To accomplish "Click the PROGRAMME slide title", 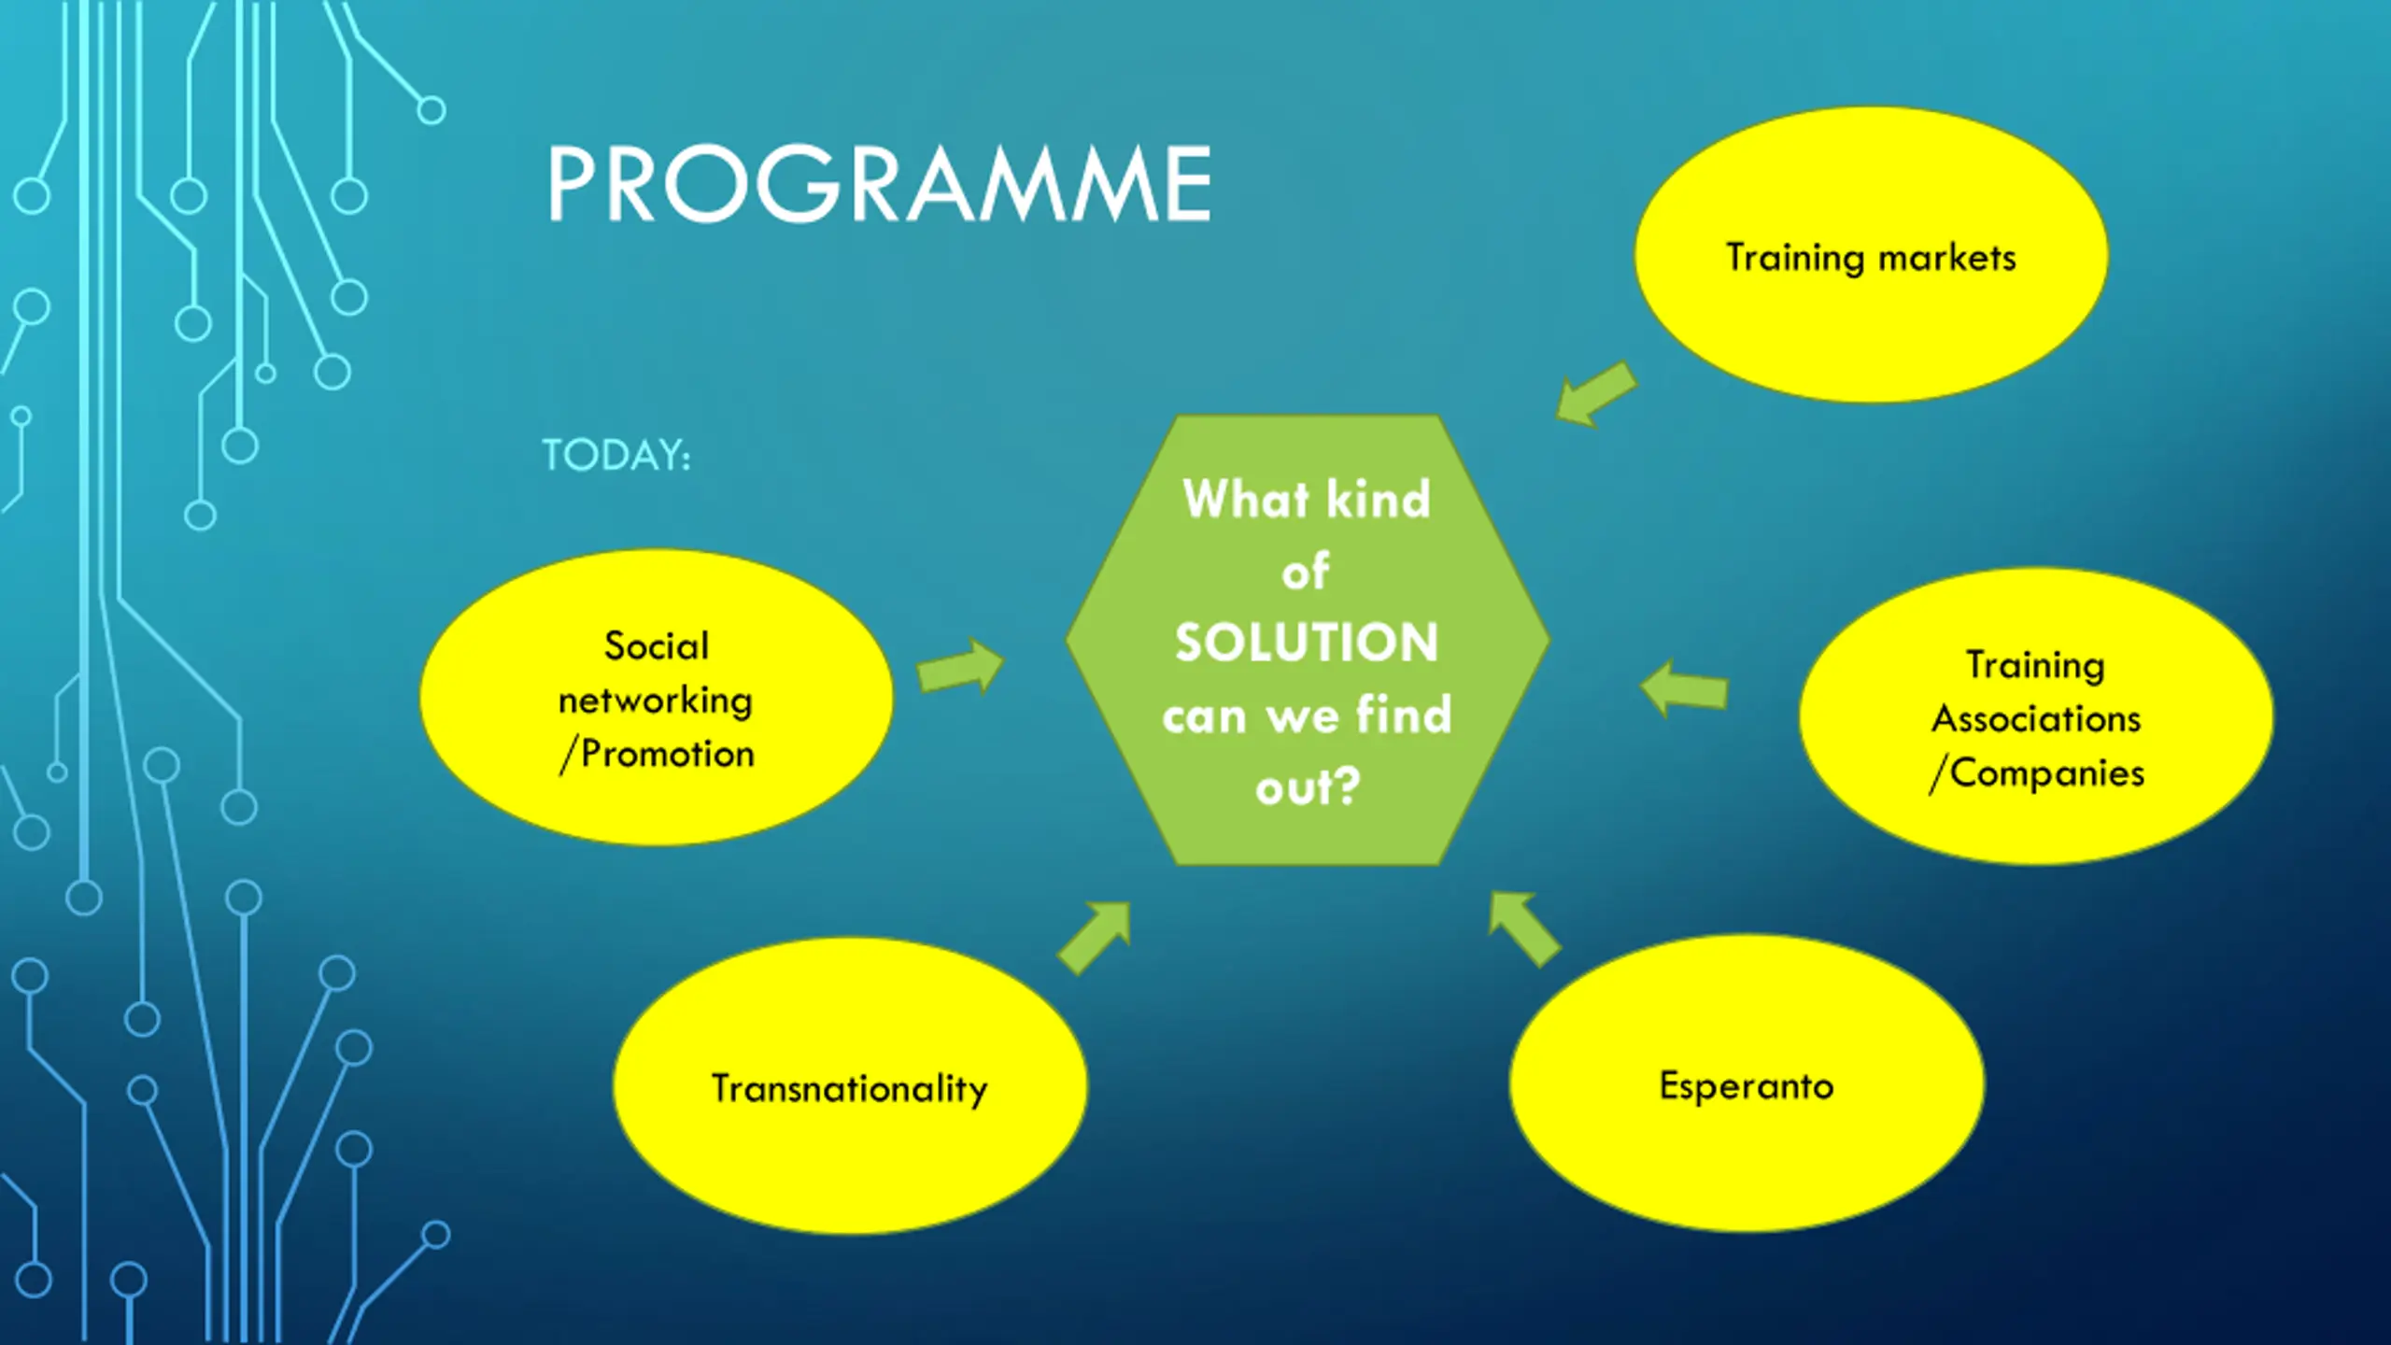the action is [x=878, y=184].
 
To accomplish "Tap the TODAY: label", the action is [x=616, y=456].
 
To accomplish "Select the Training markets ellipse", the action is [x=1871, y=318].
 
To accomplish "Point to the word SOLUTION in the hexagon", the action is [x=1307, y=643].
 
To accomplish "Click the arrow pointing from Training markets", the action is [x=1596, y=394].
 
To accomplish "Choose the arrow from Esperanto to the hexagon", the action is [x=1523, y=928].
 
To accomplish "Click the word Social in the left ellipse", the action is [x=657, y=646].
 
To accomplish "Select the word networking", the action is [x=656, y=701].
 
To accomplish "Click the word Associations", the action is [x=2036, y=719].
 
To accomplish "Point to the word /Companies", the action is [x=2037, y=773].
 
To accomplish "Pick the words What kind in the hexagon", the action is [x=1307, y=499].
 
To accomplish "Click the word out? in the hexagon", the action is [x=1307, y=787].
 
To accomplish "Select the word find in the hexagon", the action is [x=1404, y=715].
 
